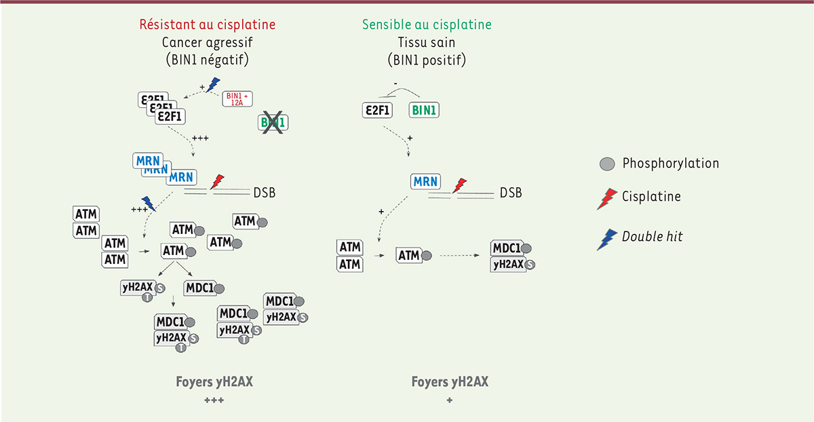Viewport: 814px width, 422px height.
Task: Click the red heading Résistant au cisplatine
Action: click(208, 24)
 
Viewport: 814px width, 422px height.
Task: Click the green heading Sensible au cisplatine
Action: click(427, 24)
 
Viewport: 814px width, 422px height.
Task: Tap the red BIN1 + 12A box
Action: click(237, 99)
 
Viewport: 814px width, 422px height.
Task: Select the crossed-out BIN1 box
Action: click(273, 123)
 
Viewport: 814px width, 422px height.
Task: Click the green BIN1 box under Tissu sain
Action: click(424, 110)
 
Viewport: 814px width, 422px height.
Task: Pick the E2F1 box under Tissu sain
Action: click(378, 110)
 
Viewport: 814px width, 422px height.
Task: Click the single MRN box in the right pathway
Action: click(425, 181)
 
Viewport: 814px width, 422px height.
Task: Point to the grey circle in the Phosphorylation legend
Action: click(607, 164)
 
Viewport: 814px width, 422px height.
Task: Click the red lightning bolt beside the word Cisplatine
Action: click(607, 199)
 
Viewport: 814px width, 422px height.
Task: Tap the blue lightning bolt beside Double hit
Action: click(607, 239)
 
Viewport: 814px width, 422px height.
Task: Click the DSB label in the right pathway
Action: click(511, 193)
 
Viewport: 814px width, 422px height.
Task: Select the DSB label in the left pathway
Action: click(264, 193)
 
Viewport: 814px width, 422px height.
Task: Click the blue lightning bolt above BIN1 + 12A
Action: click(213, 85)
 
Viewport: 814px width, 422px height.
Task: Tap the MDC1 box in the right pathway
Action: click(507, 248)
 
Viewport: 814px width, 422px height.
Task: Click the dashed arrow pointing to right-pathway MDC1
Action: click(460, 256)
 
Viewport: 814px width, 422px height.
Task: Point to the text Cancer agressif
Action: click(207, 42)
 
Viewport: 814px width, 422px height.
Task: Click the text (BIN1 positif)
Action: click(427, 60)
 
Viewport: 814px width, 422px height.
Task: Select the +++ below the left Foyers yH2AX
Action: click(214, 400)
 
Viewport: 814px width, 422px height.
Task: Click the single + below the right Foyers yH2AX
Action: click(450, 400)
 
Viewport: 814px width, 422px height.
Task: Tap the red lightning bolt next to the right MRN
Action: click(459, 185)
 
